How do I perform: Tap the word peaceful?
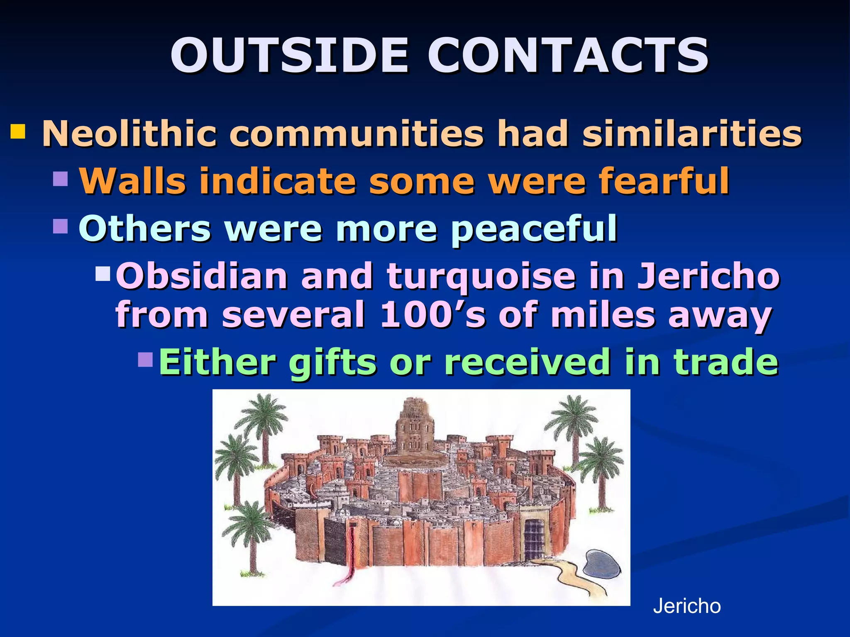[x=534, y=229]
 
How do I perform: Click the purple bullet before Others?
[x=61, y=226]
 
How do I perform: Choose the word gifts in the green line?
[x=332, y=362]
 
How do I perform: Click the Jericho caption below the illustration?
[x=687, y=606]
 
